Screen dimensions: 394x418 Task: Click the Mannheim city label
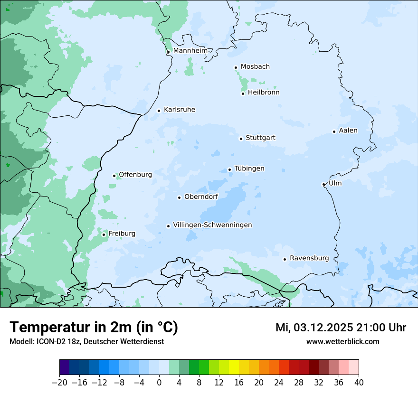pyautogui.click(x=190, y=50)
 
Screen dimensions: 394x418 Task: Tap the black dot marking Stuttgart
pyautogui.click(x=241, y=139)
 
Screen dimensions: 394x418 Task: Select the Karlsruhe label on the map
pyautogui.click(x=179, y=110)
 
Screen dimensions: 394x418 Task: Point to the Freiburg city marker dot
pyautogui.click(x=104, y=235)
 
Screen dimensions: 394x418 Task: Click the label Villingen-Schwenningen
pyautogui.click(x=212, y=225)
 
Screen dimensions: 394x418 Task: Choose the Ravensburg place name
pyautogui.click(x=309, y=258)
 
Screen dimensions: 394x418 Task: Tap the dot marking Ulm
pyautogui.click(x=323, y=184)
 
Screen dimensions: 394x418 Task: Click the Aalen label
pyautogui.click(x=348, y=131)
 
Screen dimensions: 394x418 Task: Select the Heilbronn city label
pyautogui.click(x=264, y=93)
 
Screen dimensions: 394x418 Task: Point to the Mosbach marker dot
pyautogui.click(x=236, y=67)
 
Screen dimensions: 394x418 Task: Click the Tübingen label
pyautogui.click(x=249, y=169)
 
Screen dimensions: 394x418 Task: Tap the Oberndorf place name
pyautogui.click(x=201, y=197)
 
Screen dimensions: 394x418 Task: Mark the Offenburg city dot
pyautogui.click(x=114, y=176)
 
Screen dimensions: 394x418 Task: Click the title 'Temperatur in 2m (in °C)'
pyautogui.click(x=94, y=328)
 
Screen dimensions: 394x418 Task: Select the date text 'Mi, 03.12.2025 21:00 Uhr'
pyautogui.click(x=341, y=328)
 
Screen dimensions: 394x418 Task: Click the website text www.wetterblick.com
pyautogui.click(x=342, y=341)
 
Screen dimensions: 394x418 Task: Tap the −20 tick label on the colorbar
pyautogui.click(x=59, y=383)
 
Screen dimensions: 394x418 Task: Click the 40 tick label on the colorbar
pyautogui.click(x=359, y=383)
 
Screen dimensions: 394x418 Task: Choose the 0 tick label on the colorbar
pyautogui.click(x=159, y=383)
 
